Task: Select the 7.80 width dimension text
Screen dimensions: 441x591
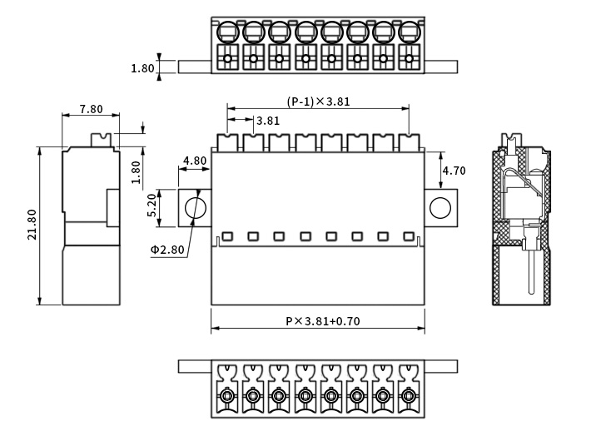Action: pos(90,109)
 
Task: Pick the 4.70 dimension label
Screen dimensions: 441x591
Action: pos(454,171)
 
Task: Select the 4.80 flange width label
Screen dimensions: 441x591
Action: pos(195,161)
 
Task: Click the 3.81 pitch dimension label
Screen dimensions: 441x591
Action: pos(267,120)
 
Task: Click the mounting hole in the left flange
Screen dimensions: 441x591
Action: pos(196,207)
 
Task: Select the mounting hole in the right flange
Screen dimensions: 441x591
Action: pos(440,207)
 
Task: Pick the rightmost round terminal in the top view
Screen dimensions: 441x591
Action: pos(408,32)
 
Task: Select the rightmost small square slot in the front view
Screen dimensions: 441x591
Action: pos(408,235)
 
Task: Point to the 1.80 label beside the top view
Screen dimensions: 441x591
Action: pos(142,68)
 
